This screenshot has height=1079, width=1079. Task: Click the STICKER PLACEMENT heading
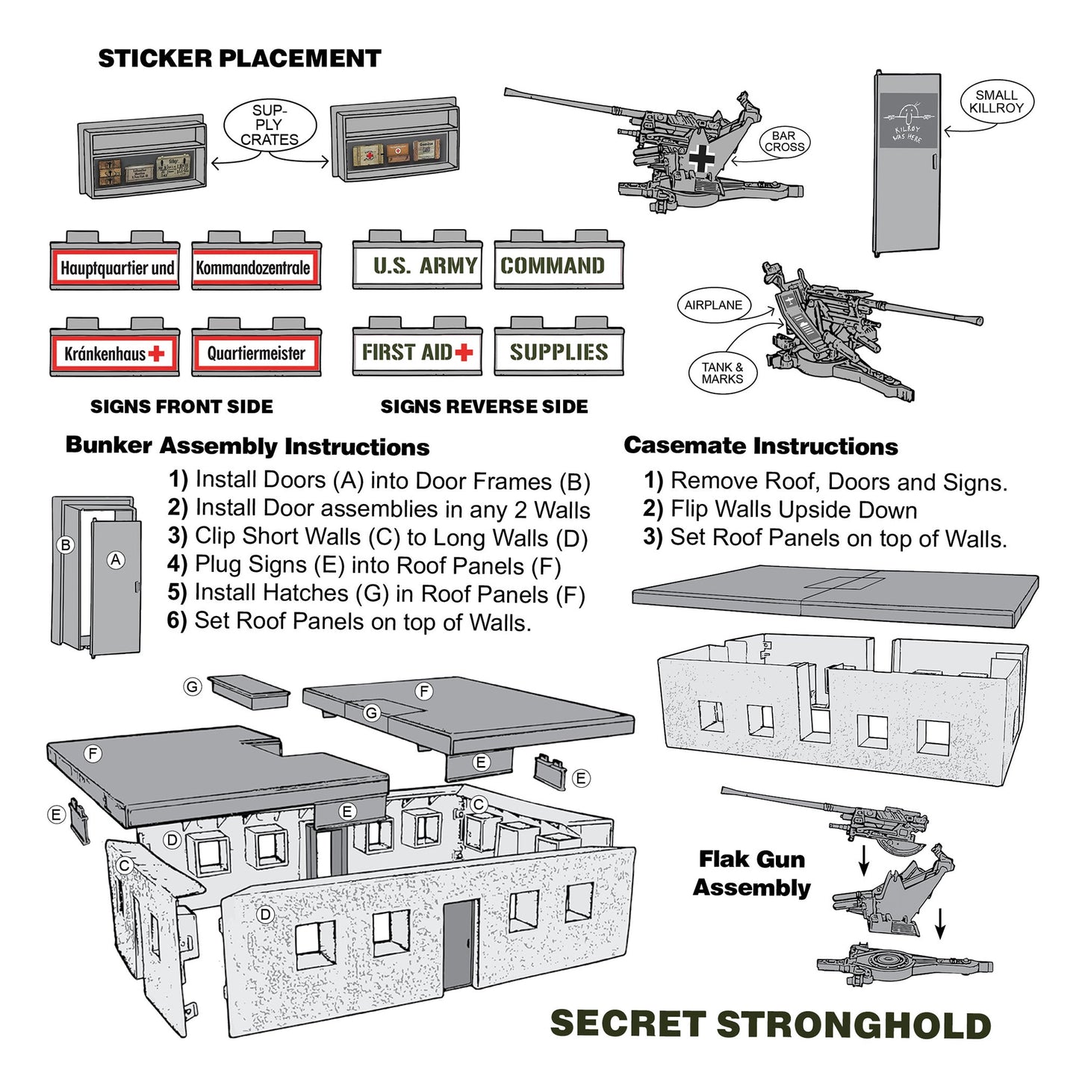[239, 58]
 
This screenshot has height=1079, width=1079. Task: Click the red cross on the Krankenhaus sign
[157, 353]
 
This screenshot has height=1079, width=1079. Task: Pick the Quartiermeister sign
[256, 353]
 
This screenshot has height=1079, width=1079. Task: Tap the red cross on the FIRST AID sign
[464, 352]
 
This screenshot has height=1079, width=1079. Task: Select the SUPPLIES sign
[559, 352]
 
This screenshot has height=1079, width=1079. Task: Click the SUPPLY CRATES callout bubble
[270, 125]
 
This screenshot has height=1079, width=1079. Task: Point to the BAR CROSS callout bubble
[784, 142]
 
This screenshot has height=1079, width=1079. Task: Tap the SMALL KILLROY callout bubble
[996, 102]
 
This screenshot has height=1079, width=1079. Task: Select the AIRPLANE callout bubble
[713, 305]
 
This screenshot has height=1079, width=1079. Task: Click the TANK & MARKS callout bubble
[722, 373]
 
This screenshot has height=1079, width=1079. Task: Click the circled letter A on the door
[116, 560]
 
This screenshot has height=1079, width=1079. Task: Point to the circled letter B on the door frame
[66, 545]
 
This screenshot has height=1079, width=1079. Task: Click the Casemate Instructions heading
[761, 446]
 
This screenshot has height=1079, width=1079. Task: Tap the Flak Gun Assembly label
[751, 873]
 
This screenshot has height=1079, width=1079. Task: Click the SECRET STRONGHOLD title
[770, 1024]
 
